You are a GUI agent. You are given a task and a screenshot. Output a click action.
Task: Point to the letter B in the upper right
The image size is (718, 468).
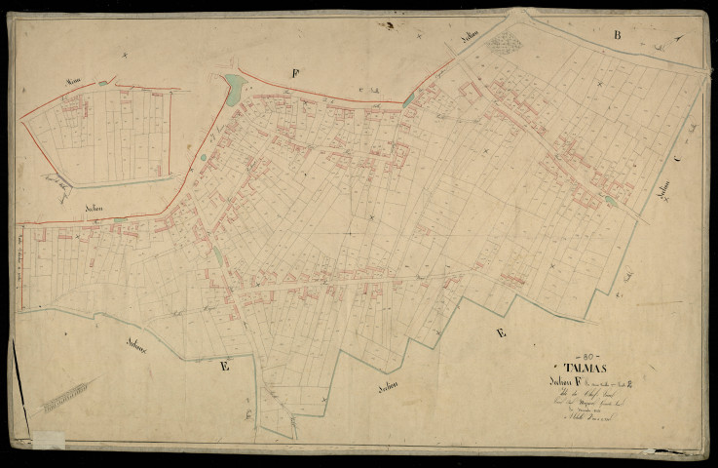(617, 35)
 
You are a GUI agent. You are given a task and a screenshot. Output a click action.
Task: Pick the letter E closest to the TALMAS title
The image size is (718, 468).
(501, 332)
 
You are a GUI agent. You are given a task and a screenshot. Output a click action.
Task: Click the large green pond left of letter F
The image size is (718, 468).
(234, 90)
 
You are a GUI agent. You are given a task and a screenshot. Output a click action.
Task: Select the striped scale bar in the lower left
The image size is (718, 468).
(65, 395)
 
